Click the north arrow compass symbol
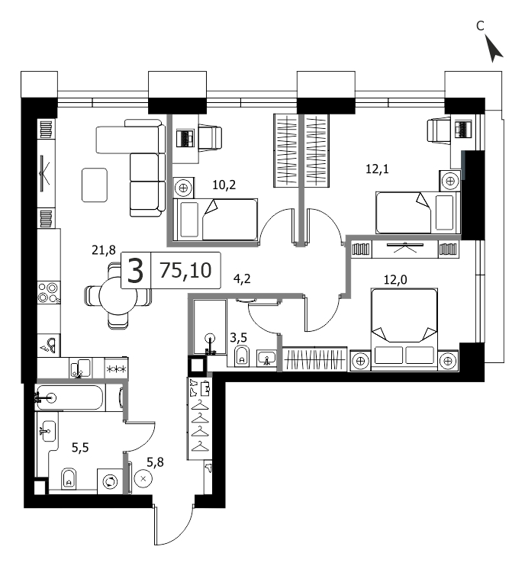coord(493,49)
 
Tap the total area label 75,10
coord(185,270)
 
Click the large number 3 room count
coord(136,271)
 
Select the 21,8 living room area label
coord(104,249)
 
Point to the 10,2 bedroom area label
coord(224,185)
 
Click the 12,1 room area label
coord(377,169)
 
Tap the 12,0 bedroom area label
coord(395,279)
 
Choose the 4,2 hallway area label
coord(242,278)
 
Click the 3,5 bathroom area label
coord(239,337)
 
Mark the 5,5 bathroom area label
coord(80,448)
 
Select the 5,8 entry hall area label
coord(155,461)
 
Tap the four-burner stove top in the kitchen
coord(49,293)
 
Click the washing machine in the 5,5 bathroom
coord(110,481)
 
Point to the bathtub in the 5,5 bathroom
coord(70,397)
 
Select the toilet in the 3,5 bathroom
coord(242,356)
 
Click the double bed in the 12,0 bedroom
coord(404,329)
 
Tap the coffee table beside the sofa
coord(95,185)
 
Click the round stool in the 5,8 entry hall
coord(143,478)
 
